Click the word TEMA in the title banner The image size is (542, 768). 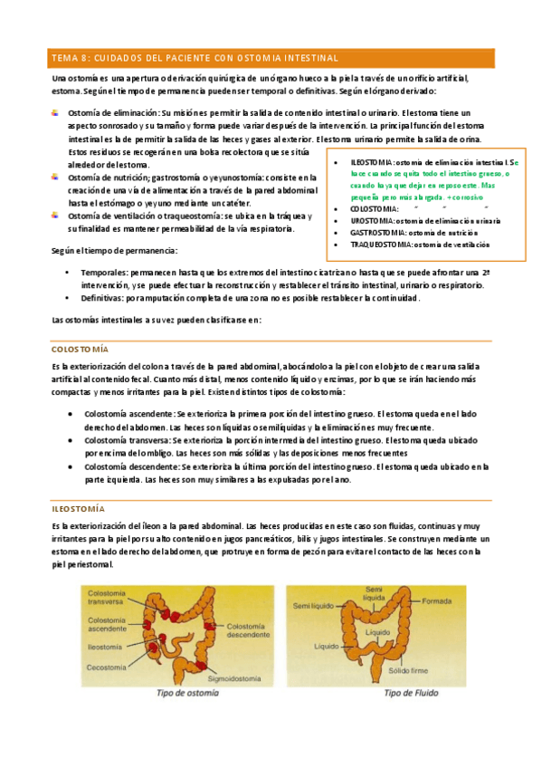click(65, 58)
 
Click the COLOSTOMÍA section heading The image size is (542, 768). click(80, 348)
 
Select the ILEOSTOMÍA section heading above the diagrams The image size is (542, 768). click(78, 509)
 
